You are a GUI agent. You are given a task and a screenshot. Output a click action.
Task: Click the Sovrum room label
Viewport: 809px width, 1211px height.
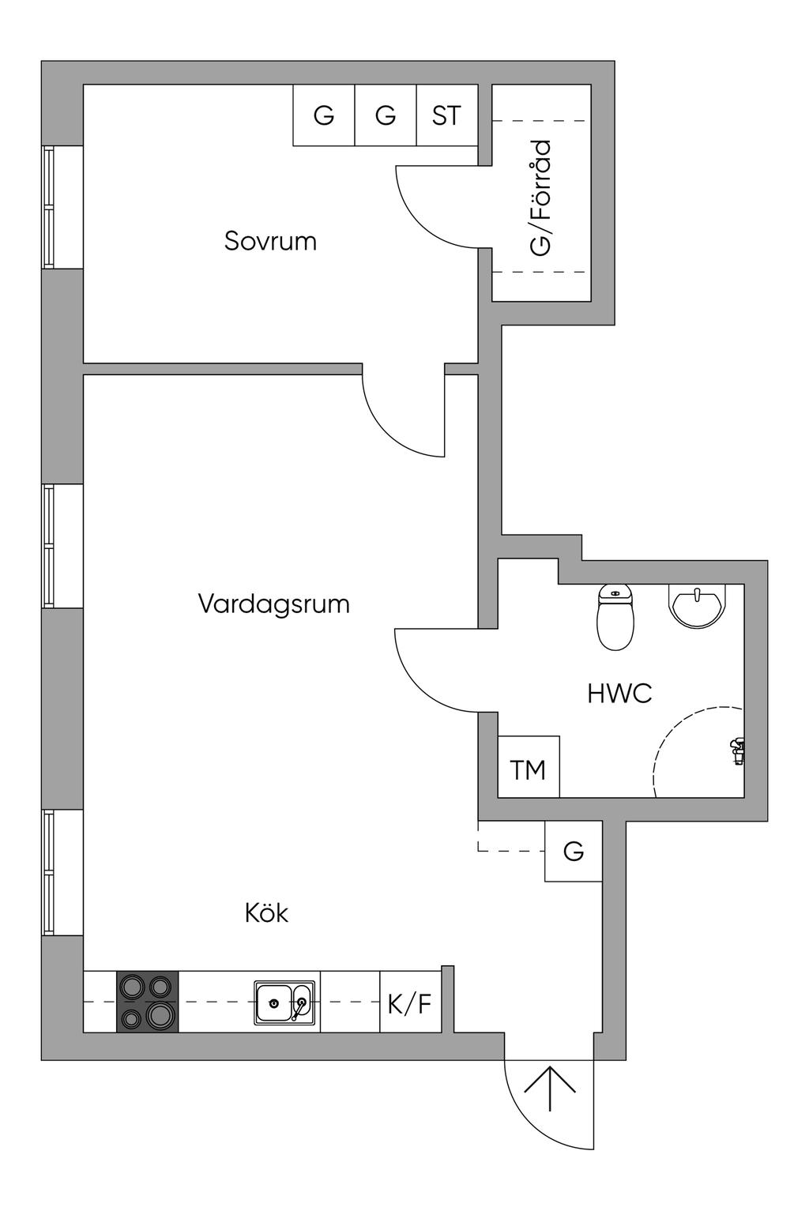coord(270,240)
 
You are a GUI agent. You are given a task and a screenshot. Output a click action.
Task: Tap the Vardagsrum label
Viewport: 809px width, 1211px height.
coord(273,604)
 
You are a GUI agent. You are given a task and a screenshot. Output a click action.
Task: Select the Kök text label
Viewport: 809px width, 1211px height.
coord(266,913)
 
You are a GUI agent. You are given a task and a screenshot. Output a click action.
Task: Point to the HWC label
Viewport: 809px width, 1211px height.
coord(619,694)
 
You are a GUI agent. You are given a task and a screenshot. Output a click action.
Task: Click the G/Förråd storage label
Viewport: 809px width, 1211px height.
coord(541,197)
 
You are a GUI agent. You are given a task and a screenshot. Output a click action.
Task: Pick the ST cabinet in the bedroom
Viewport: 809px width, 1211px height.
coord(446,115)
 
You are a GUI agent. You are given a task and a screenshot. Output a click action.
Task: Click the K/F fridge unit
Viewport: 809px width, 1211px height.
coord(410,1002)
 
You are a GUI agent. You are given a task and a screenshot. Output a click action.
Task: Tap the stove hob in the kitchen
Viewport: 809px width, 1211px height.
coord(148,1002)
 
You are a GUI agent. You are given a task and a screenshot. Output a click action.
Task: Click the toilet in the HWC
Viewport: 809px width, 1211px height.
coord(616,618)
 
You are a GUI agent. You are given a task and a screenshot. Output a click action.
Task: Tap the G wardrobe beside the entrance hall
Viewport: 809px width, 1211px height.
coord(574,852)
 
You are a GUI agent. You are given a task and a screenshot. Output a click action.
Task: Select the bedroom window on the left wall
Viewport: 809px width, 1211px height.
coord(49,207)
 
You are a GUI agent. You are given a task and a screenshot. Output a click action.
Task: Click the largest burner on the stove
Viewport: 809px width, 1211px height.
coord(160,1015)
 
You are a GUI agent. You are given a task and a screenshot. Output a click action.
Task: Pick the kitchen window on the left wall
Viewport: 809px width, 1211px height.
coord(49,872)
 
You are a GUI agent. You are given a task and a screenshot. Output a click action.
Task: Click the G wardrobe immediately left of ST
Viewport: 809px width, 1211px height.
coord(386,115)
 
